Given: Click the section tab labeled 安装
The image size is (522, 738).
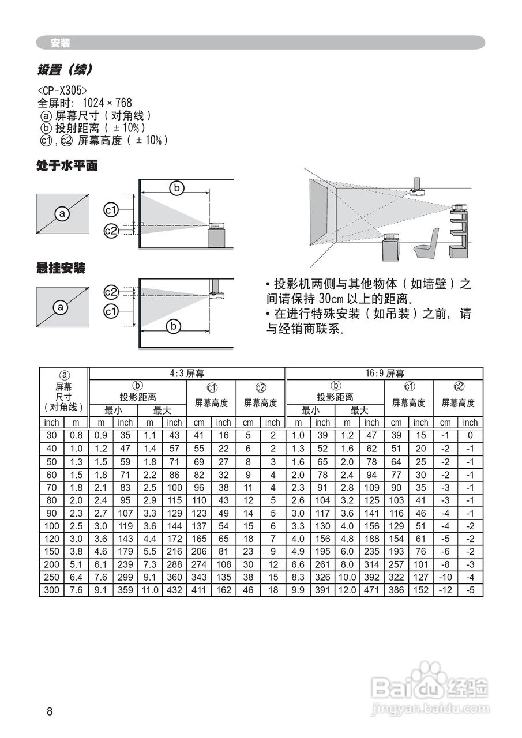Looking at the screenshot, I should click(x=59, y=43).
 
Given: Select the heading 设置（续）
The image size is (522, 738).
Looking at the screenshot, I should click(x=65, y=70).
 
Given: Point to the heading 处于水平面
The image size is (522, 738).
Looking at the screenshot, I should click(x=67, y=166).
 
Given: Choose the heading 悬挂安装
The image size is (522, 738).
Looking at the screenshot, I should click(x=61, y=268).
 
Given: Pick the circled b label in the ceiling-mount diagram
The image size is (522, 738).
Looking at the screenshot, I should click(x=173, y=327).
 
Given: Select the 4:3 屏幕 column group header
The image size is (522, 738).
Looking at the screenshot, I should click(x=187, y=374).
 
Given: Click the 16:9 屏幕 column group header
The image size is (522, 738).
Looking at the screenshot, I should click(x=385, y=374).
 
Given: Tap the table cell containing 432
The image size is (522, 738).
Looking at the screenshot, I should click(x=174, y=590).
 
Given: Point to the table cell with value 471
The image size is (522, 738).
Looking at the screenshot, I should click(x=372, y=590).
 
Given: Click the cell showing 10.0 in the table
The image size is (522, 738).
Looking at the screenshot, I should click(x=347, y=577).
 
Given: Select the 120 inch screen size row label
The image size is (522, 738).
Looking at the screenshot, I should click(x=52, y=539).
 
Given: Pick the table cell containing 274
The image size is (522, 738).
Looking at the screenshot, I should click(x=199, y=564).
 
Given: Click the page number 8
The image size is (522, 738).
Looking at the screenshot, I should click(x=50, y=711).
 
